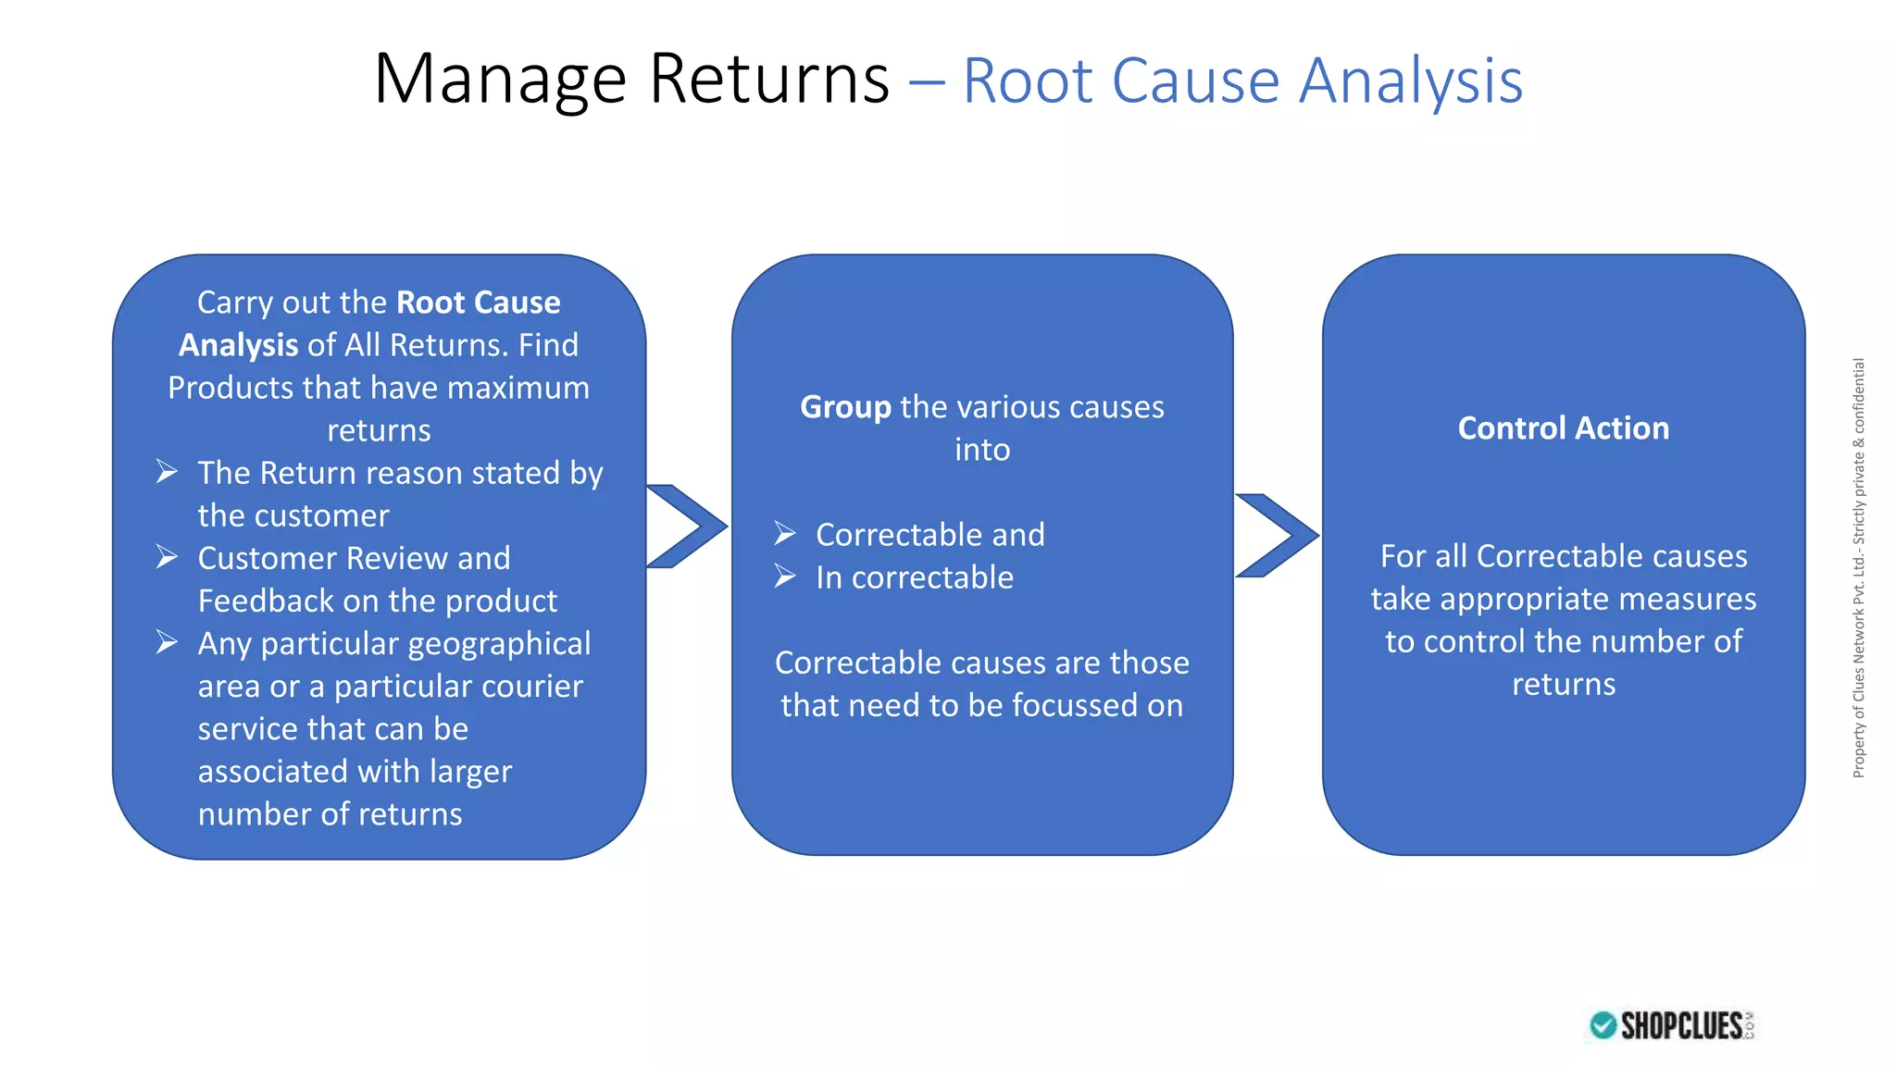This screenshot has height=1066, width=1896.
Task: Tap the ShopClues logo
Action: click(1672, 1025)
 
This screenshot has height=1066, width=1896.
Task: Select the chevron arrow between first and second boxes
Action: click(686, 526)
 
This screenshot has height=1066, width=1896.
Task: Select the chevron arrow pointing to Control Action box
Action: click(1277, 535)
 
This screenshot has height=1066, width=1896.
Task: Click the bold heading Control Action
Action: click(1563, 428)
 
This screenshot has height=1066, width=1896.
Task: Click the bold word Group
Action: click(845, 407)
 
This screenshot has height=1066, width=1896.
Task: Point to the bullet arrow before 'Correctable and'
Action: click(785, 534)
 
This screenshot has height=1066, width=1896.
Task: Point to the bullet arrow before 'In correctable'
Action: click(785, 576)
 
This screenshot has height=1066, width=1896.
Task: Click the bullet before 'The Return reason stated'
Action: click(167, 472)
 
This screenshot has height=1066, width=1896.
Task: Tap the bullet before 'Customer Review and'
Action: click(167, 557)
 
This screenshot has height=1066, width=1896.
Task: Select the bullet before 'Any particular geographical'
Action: click(167, 642)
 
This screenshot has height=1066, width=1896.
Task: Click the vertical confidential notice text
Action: click(1858, 567)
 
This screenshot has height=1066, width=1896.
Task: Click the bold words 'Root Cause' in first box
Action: click(478, 303)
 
